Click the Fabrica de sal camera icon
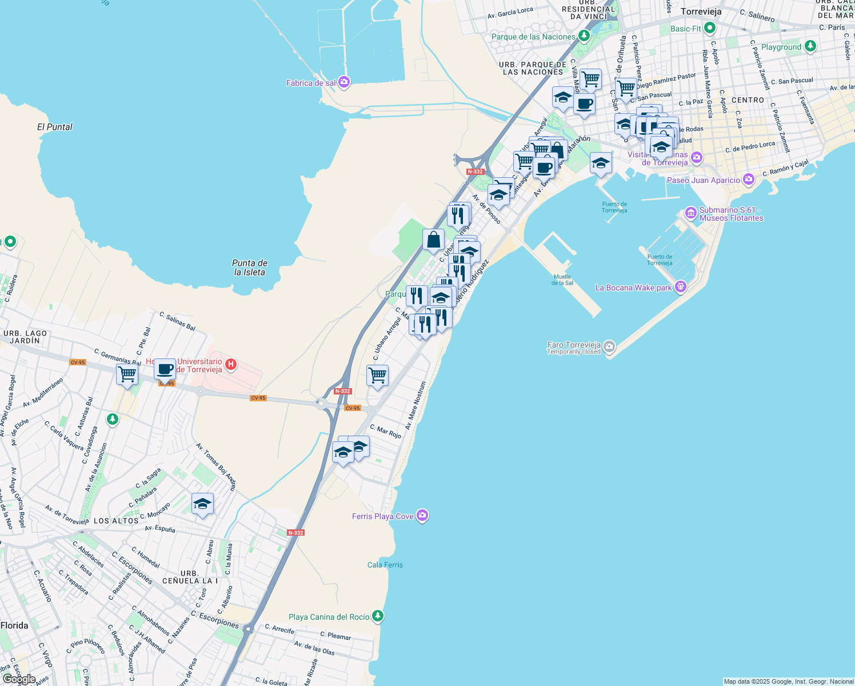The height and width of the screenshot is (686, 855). point(343,82)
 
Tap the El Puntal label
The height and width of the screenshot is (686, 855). point(55,127)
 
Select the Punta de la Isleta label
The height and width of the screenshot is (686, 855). point(250,268)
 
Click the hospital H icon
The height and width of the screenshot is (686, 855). point(230,364)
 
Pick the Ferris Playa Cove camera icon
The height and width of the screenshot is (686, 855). point(422,516)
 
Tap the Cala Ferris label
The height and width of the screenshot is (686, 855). point(385,565)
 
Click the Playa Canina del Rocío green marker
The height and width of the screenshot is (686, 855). point(377,616)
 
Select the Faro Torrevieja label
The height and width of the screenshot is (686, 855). point(574,345)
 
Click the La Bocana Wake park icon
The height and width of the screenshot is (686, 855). point(680,287)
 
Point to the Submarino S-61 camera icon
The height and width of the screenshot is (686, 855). point(690,213)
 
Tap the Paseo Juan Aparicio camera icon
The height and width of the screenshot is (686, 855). point(748,180)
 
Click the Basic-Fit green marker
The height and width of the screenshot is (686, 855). point(710,28)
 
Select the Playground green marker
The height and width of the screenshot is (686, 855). point(810,46)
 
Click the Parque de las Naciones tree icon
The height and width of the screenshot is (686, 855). point(584,36)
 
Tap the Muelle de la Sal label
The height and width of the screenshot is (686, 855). point(562,280)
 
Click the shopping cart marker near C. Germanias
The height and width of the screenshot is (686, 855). point(127,374)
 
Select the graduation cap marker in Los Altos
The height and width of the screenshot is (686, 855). point(202,504)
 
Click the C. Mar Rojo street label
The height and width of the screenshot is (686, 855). point(385,431)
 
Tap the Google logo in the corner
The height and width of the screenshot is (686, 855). point(19,679)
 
